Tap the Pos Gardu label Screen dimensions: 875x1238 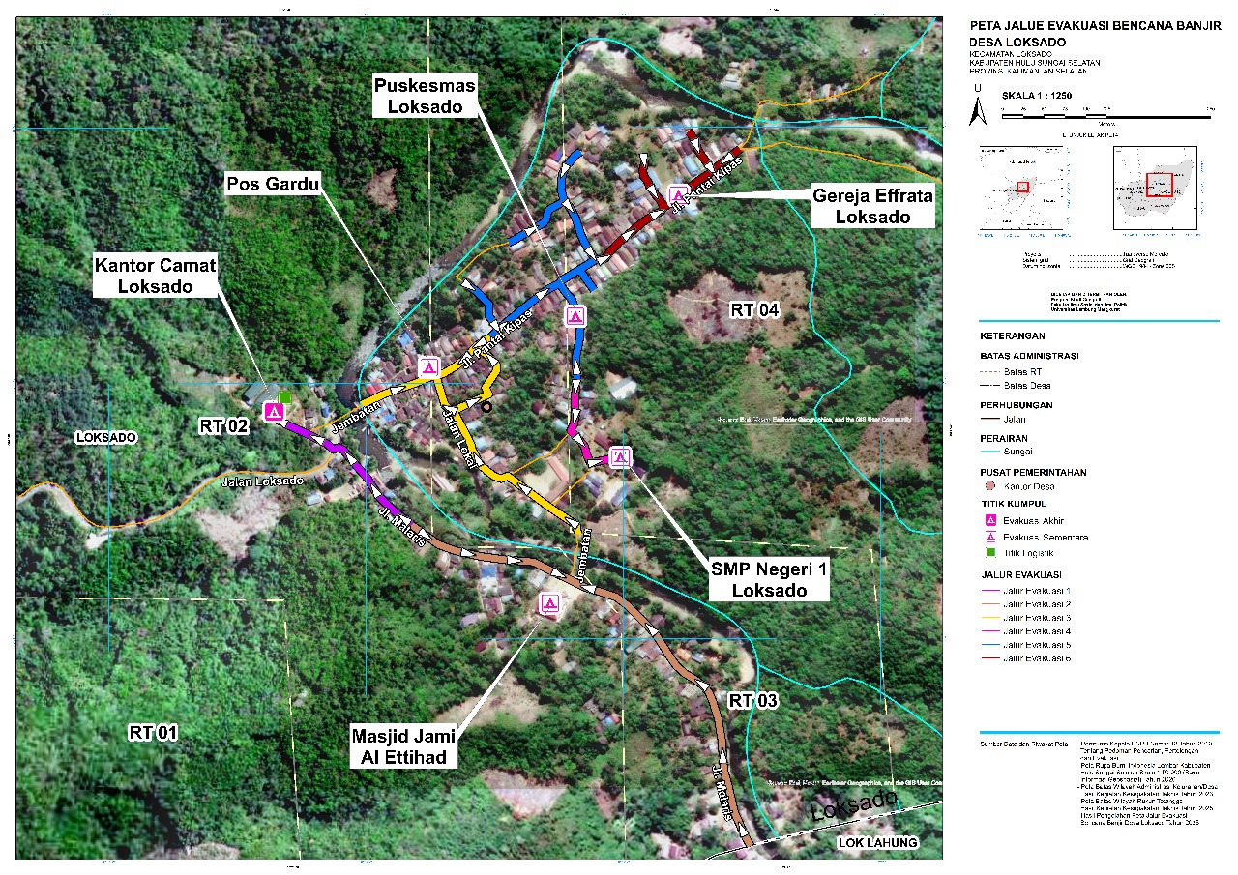coord(273,182)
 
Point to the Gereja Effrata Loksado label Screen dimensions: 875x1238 coord(872,207)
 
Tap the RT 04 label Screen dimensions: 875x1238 coord(754,310)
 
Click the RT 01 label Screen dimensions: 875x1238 coord(153,733)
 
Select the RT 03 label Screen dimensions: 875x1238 coord(753,699)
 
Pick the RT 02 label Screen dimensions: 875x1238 coord(224,424)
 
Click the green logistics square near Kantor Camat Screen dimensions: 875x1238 coord(285,396)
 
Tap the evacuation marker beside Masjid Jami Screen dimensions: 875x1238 coord(549,604)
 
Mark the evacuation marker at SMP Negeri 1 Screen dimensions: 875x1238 coord(620,457)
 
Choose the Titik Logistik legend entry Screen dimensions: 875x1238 coord(1024,551)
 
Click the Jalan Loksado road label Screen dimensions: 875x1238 coord(263,481)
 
